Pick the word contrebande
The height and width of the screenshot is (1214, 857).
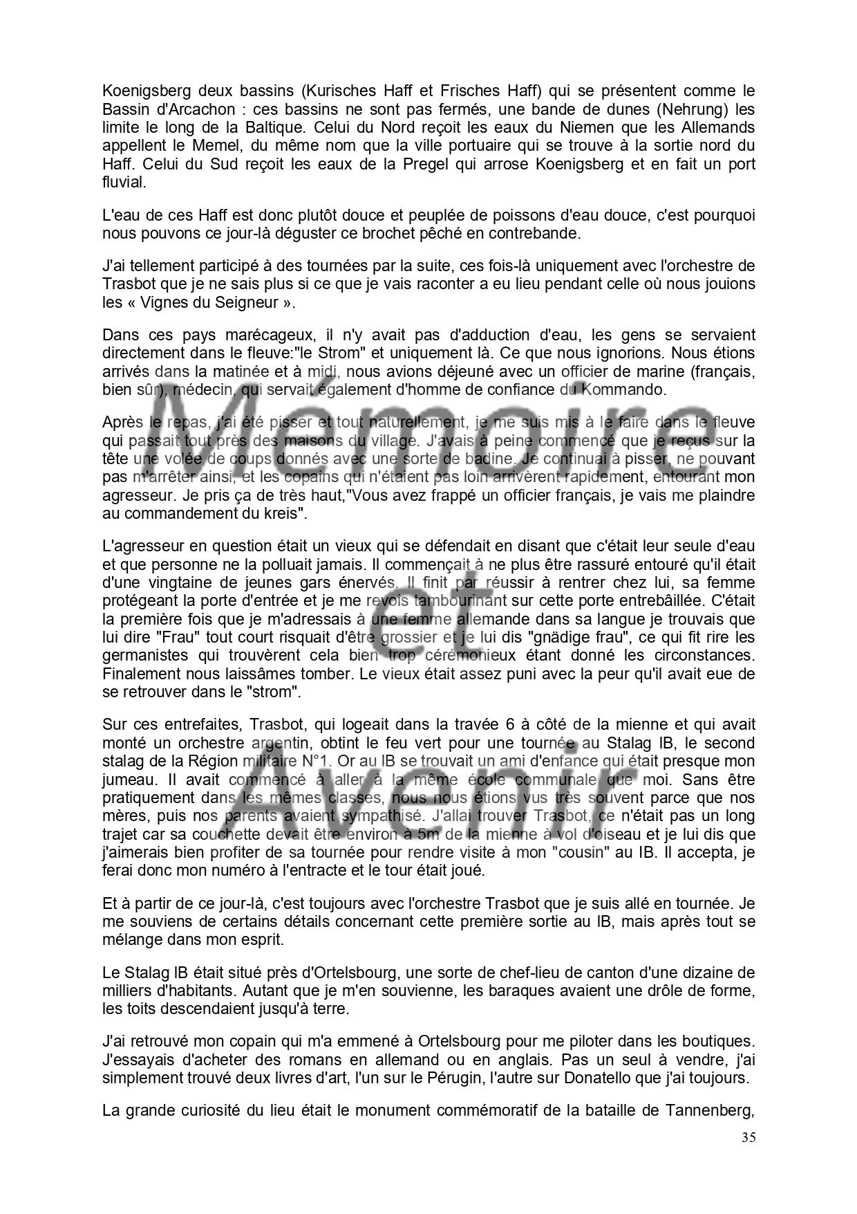click(x=538, y=233)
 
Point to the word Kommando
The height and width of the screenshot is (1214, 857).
click(x=623, y=389)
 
